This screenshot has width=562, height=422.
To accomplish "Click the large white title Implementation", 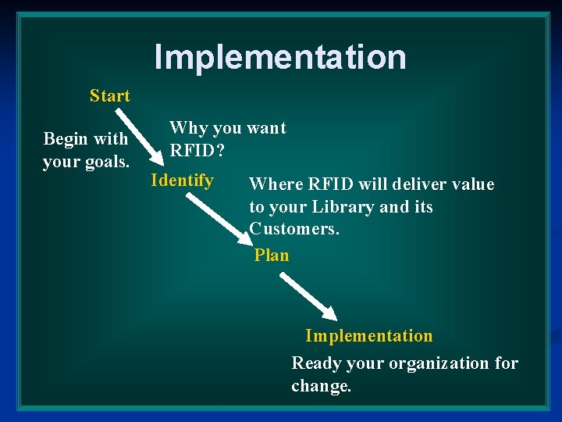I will click(280, 57).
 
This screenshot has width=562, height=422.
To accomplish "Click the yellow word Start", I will click(109, 96).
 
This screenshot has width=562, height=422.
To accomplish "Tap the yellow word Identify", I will click(182, 181).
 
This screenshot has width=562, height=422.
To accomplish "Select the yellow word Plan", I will click(272, 256).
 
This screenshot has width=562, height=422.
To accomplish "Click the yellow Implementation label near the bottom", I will click(368, 336).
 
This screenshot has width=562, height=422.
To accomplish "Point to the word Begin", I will click(66, 139).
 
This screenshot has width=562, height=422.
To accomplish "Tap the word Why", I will click(183, 128).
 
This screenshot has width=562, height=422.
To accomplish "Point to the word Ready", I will click(317, 363).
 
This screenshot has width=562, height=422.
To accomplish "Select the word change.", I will click(322, 386).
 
